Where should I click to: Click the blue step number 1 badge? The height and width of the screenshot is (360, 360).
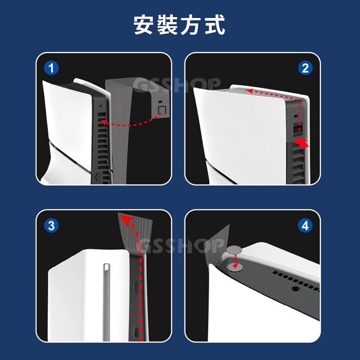[51, 68]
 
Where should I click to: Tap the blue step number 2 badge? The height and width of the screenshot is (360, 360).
[305, 68]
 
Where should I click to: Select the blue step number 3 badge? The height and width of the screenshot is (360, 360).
[51, 225]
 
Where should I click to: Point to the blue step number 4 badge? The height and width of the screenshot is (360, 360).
[305, 225]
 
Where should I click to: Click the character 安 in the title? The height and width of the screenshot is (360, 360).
[144, 25]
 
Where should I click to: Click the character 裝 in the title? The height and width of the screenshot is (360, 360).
[167, 25]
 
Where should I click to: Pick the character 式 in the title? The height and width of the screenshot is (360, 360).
[215, 25]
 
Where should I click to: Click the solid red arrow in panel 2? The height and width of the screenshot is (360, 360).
[301, 142]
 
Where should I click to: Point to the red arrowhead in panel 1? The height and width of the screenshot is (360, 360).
[104, 122]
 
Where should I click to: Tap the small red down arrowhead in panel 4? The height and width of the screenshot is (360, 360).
[235, 266]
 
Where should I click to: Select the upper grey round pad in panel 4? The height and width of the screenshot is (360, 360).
[234, 250]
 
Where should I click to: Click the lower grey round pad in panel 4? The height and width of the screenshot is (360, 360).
[235, 267]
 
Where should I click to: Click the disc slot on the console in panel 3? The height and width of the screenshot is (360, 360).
[106, 302]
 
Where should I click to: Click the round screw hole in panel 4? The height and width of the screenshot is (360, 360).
[296, 288]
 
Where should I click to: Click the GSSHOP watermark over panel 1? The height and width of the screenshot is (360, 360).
[176, 85]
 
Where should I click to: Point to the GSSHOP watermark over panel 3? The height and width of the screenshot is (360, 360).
[181, 245]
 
